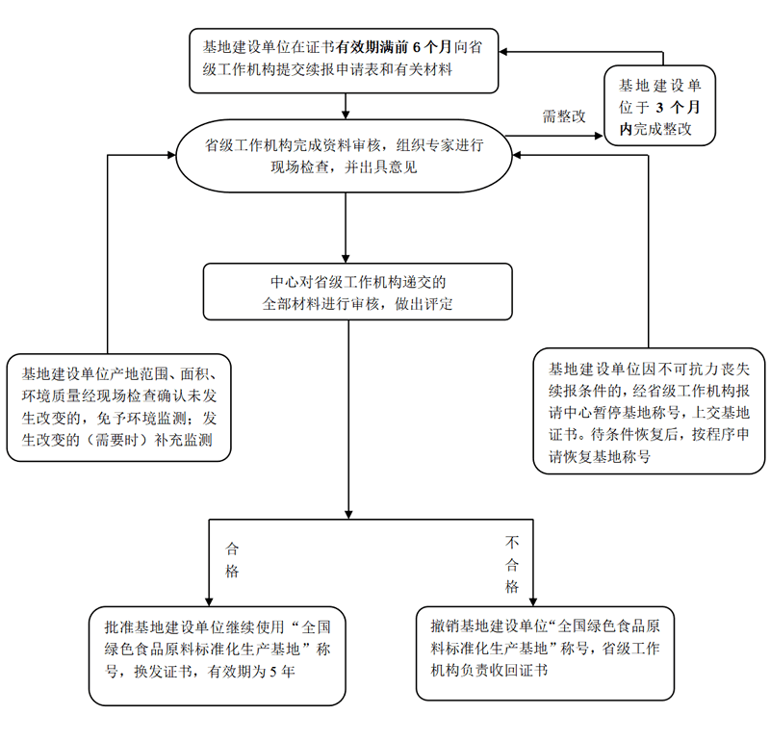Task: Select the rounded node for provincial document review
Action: (x=344, y=156)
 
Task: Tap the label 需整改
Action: (x=563, y=116)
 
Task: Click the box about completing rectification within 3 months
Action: (x=660, y=105)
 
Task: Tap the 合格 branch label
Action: (x=232, y=560)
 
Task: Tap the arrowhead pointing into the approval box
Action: (x=209, y=600)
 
